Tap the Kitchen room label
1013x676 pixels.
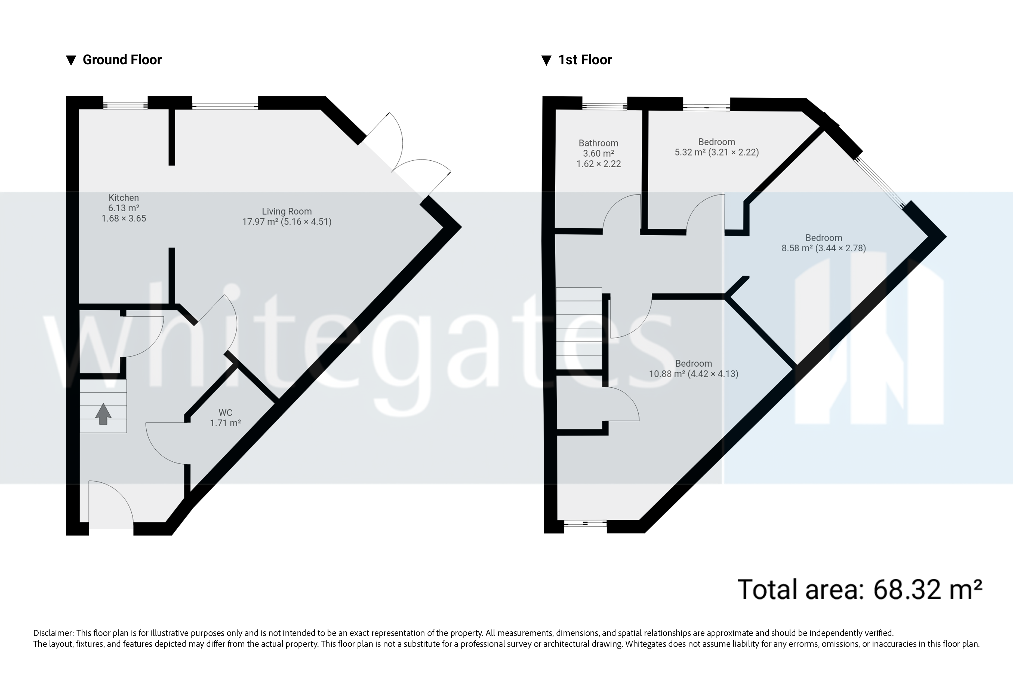coord(124,198)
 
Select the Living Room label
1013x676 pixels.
coord(287,211)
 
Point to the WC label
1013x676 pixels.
coord(225,413)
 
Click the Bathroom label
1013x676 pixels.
coord(598,143)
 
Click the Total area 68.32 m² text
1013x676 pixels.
coord(860,589)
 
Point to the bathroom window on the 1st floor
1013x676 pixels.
coord(604,105)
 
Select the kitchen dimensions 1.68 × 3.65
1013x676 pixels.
coord(124,219)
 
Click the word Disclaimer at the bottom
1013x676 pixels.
coord(53,633)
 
